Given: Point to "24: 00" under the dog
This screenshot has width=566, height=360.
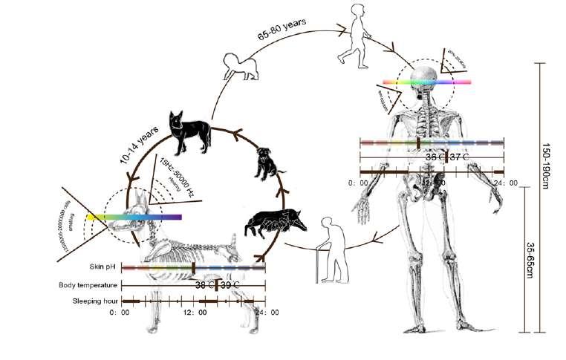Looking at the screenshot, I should click(x=264, y=313).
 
